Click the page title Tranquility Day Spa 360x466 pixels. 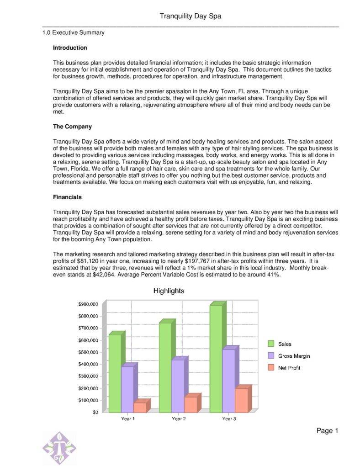[x=190, y=16]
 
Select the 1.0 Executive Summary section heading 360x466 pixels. [x=74, y=33]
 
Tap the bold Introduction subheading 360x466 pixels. [x=70, y=48]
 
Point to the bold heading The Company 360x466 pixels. [x=73, y=127]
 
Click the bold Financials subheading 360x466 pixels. [x=68, y=197]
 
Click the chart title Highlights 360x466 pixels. [x=169, y=291]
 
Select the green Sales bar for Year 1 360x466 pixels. [x=115, y=372]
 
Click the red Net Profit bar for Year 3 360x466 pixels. [x=241, y=400]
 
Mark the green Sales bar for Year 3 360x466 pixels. [x=216, y=358]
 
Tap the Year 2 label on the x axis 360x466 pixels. [x=179, y=419]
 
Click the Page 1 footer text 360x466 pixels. [x=327, y=431]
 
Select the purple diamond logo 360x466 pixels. [x=59, y=448]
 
